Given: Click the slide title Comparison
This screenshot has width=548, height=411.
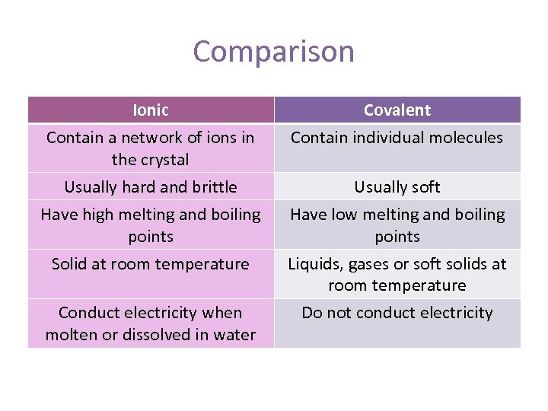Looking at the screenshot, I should coord(273,52).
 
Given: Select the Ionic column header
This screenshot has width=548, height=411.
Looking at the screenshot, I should coord(151,110).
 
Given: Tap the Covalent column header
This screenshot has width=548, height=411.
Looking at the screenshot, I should coord(397,110).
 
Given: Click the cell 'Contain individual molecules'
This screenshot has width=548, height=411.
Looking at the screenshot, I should coord(397,138).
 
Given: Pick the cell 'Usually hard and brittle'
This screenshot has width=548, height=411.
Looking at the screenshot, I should coord(151,187).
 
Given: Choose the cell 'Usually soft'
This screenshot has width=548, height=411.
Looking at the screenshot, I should coord(397,187).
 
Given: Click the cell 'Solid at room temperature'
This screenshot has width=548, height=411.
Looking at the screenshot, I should coord(151,264).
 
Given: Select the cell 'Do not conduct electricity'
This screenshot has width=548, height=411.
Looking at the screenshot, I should coord(397,313).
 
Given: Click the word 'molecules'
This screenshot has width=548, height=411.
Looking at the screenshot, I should coord(465,138).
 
